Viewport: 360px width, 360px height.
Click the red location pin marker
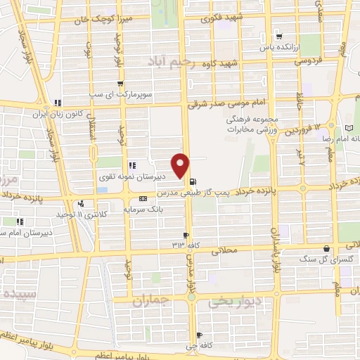pos(181,165)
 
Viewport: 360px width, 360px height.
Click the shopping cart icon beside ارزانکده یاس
pos(280,36)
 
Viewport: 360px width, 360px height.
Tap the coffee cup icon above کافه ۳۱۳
pos(186,235)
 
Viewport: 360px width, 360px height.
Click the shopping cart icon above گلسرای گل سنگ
pos(327,248)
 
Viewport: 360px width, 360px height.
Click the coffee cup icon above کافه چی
pos(200,335)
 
